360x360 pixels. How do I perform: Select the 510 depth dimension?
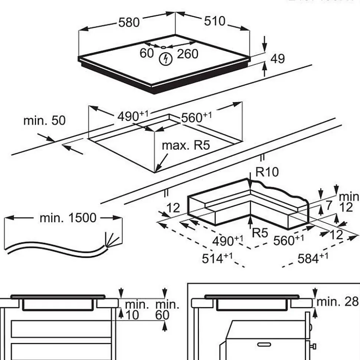click(215, 22)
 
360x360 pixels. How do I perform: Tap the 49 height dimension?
click(277, 59)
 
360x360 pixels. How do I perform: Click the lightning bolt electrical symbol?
click(166, 59)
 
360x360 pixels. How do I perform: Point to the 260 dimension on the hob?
click(187, 54)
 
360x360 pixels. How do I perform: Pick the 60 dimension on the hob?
click(147, 53)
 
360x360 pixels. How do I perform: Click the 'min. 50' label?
click(44, 120)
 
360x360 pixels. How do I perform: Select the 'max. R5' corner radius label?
click(186, 145)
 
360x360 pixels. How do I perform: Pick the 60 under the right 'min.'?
click(163, 315)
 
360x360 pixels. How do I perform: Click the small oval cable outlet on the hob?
click(163, 47)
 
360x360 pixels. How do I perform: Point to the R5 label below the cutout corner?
click(259, 233)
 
